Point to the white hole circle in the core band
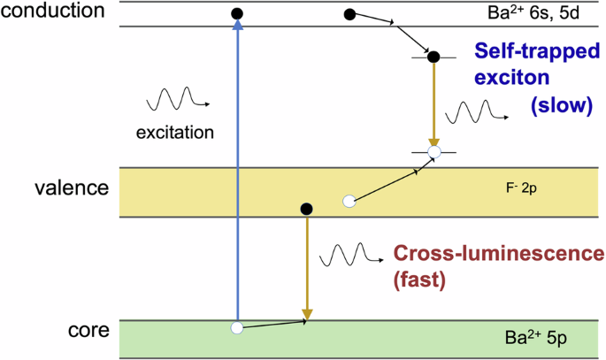coord(236,328)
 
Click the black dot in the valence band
coord(306,210)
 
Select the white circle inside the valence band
coord(349,202)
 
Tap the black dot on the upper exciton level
coord(433,57)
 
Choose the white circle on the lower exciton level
coord(433,153)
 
